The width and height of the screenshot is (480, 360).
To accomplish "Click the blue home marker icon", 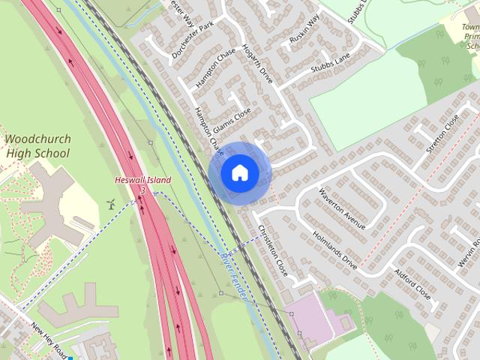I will click(x=239, y=172).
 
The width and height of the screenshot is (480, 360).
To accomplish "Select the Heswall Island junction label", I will click(x=142, y=180).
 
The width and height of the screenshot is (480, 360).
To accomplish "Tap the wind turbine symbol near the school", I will click(x=110, y=203).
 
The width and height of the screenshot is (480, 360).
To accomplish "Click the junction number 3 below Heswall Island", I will click(x=142, y=190).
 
